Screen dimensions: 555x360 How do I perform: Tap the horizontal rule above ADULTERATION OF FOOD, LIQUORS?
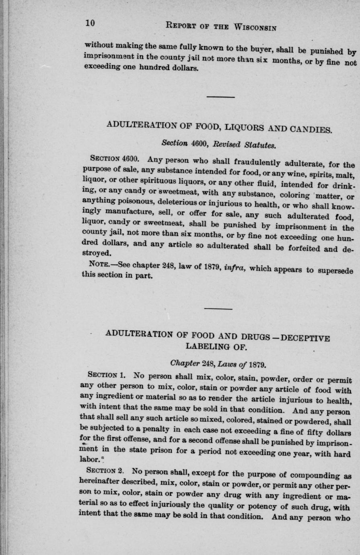click(220, 97)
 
